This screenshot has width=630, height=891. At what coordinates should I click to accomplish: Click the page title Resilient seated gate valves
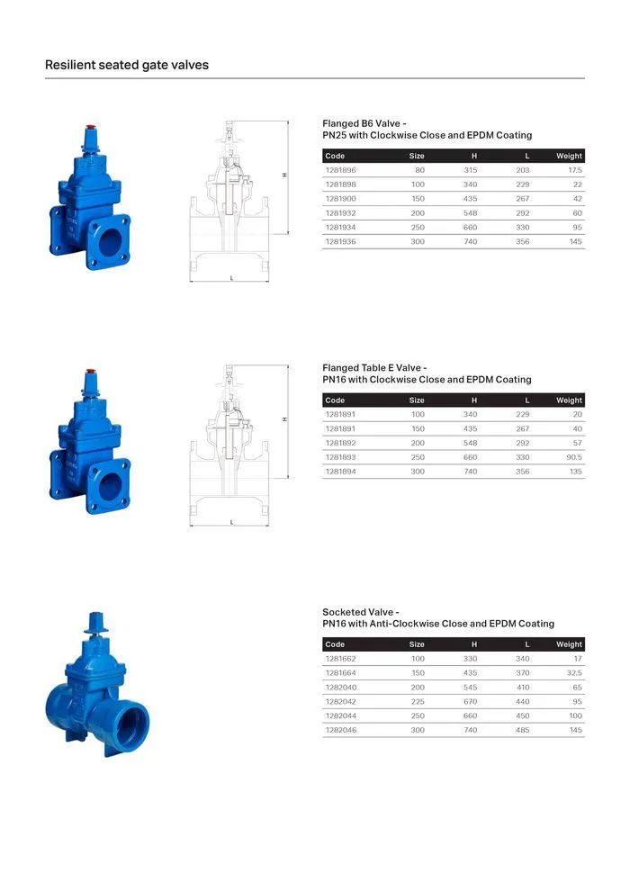point(127,65)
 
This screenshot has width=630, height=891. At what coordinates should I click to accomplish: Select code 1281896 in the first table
point(340,170)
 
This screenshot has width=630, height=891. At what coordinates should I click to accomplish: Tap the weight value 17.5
point(575,170)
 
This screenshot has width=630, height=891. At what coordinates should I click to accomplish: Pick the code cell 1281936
point(340,242)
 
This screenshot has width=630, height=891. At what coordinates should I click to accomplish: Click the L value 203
point(522,170)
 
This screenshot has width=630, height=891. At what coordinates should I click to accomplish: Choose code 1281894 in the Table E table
point(340,472)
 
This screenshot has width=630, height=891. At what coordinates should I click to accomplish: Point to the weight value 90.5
point(573,457)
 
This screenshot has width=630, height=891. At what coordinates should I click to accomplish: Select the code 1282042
point(340,702)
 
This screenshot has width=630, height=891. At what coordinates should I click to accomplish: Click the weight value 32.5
point(574,673)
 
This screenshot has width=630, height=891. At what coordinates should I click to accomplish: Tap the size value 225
point(418,702)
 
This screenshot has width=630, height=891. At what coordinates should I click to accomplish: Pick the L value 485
point(522,731)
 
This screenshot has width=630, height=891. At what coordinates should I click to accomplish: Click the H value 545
point(470,688)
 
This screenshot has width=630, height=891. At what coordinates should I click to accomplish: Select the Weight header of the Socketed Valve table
point(569,644)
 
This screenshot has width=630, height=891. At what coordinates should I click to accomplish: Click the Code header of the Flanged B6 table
point(335,156)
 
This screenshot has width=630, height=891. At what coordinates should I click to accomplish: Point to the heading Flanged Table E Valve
point(374,367)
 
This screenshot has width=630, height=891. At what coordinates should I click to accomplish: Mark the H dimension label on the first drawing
point(284,175)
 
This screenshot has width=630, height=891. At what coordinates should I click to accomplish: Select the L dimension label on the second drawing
point(231,522)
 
